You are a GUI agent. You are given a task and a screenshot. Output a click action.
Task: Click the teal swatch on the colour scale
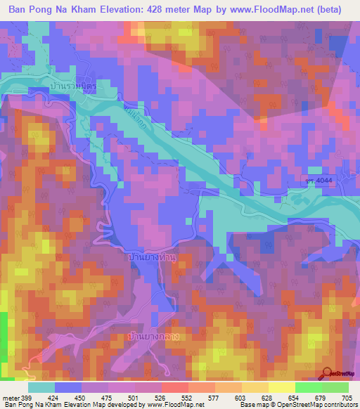(x=41, y=387)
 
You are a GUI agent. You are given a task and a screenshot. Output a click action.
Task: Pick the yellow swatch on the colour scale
(x=281, y=387)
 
